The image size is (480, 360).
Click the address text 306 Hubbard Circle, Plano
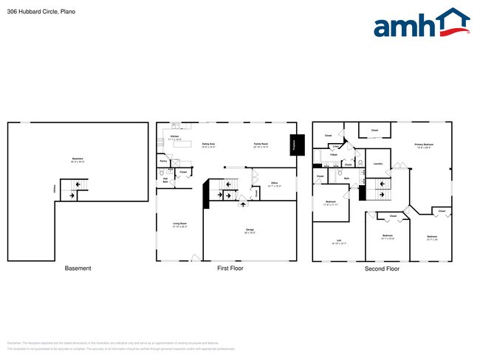[41, 12]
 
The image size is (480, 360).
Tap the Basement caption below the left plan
[78, 269]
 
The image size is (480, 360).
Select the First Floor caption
[230, 269]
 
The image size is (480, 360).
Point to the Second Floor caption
[382, 269]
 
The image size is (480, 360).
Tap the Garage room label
[250, 229]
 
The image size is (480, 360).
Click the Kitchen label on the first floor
[175, 136]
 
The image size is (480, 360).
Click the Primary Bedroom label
[423, 145]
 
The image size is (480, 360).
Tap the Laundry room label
[377, 164]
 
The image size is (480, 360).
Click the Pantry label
[162, 161]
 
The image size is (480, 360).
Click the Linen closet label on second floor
[335, 146]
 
